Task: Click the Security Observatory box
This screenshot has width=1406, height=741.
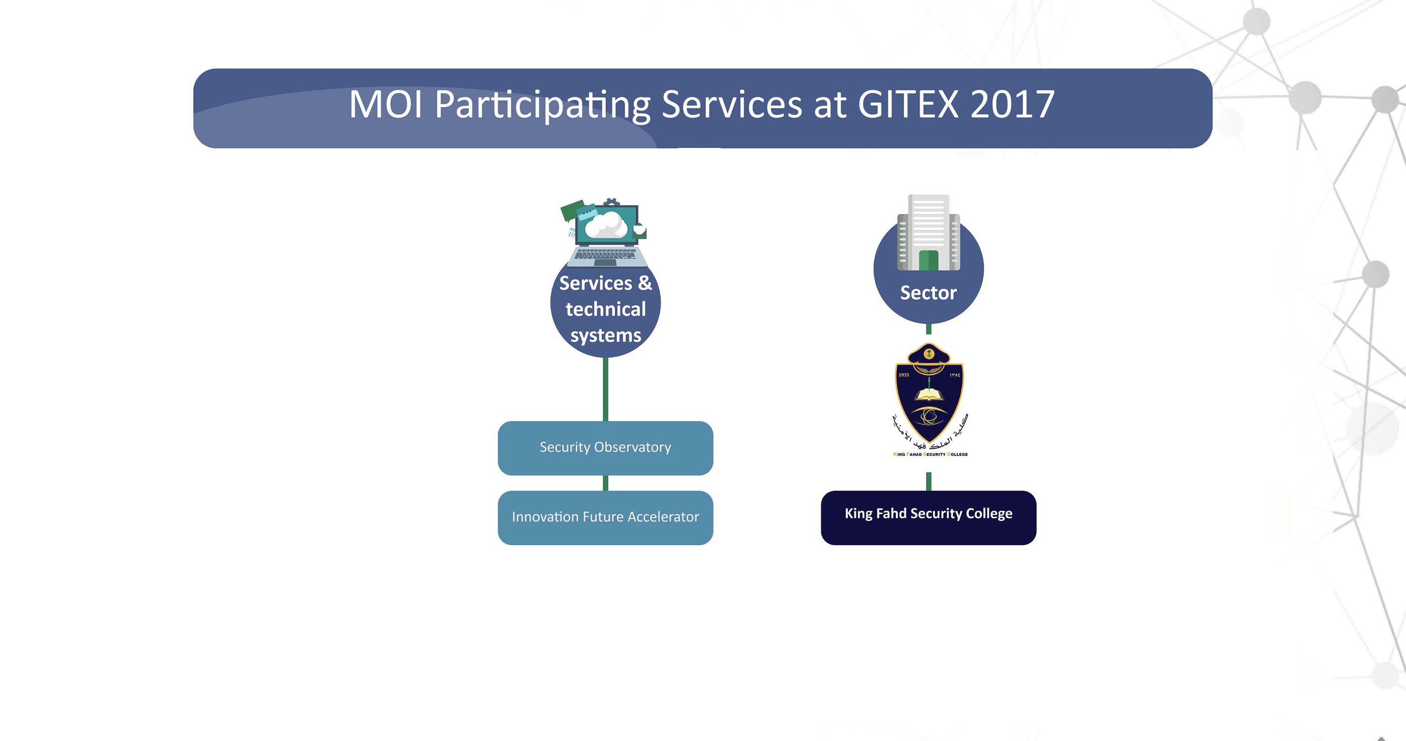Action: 605,448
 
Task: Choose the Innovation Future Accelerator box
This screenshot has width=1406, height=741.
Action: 605,517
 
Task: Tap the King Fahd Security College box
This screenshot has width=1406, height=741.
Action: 928,517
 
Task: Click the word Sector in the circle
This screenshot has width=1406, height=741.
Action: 928,293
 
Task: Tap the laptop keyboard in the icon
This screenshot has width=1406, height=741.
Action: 605,255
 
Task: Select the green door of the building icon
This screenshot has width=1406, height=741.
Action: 928,261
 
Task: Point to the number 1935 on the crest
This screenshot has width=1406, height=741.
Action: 904,375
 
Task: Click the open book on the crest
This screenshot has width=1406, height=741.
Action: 929,395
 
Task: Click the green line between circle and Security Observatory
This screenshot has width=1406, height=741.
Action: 605,389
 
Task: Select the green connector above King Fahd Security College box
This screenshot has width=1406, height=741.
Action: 928,482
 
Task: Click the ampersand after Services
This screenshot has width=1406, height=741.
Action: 645,283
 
